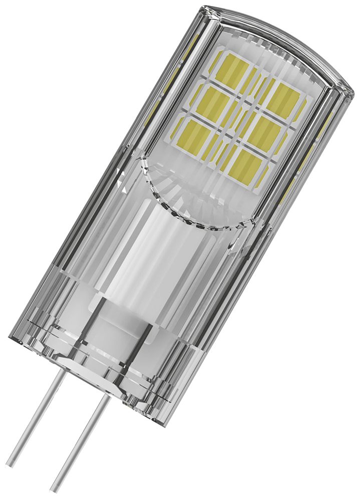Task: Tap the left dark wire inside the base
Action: click(x=100, y=321)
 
